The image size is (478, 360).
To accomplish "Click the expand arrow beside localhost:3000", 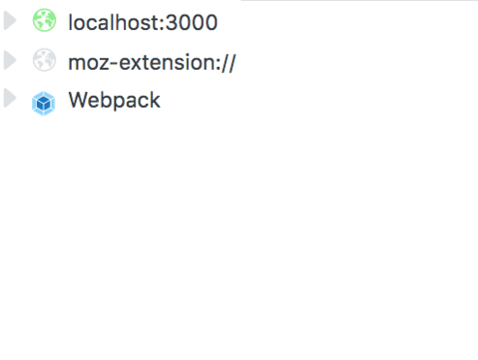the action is click(10, 21).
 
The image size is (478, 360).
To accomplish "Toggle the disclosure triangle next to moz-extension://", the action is click(10, 60).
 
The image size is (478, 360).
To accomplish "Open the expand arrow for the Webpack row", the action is click(10, 98).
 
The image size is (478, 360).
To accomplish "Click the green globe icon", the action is click(44, 20).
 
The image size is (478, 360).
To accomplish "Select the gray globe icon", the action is click(44, 60).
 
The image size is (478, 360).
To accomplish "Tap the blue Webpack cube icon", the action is click(43, 103).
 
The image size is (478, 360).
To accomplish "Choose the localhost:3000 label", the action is click(143, 22).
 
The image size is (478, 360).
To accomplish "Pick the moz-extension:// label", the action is click(152, 62).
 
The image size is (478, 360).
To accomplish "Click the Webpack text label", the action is click(114, 100).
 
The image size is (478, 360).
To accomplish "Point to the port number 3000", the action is click(192, 23).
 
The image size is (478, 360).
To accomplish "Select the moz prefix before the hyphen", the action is click(89, 64).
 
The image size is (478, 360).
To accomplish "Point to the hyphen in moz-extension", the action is click(114, 63).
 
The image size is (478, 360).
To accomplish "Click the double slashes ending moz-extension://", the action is click(228, 63).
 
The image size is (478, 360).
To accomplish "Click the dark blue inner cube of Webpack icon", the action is click(43, 104).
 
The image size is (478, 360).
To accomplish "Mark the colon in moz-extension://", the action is click(217, 65).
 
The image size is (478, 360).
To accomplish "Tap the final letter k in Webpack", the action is click(155, 100).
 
